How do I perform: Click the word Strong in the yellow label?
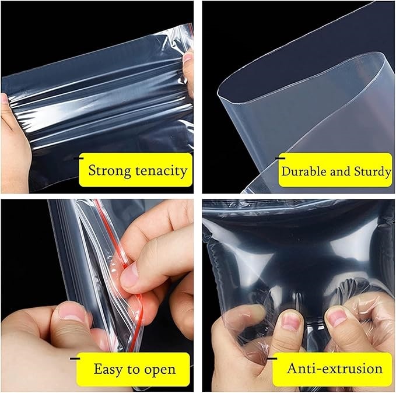coord(110,171)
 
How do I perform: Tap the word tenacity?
coord(162,170)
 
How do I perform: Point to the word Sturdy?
coord(373,172)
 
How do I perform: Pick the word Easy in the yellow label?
coord(109,369)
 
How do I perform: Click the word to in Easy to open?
coord(134,370)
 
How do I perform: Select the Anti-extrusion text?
coord(335,369)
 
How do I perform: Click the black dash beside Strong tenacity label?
coord(79,159)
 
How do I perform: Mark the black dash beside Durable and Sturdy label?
coord(280,159)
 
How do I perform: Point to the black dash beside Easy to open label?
coord(75,359)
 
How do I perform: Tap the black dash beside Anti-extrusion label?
coord(272,359)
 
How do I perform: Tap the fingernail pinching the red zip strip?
coord(129,274)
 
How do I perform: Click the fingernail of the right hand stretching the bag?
coord(187,58)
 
